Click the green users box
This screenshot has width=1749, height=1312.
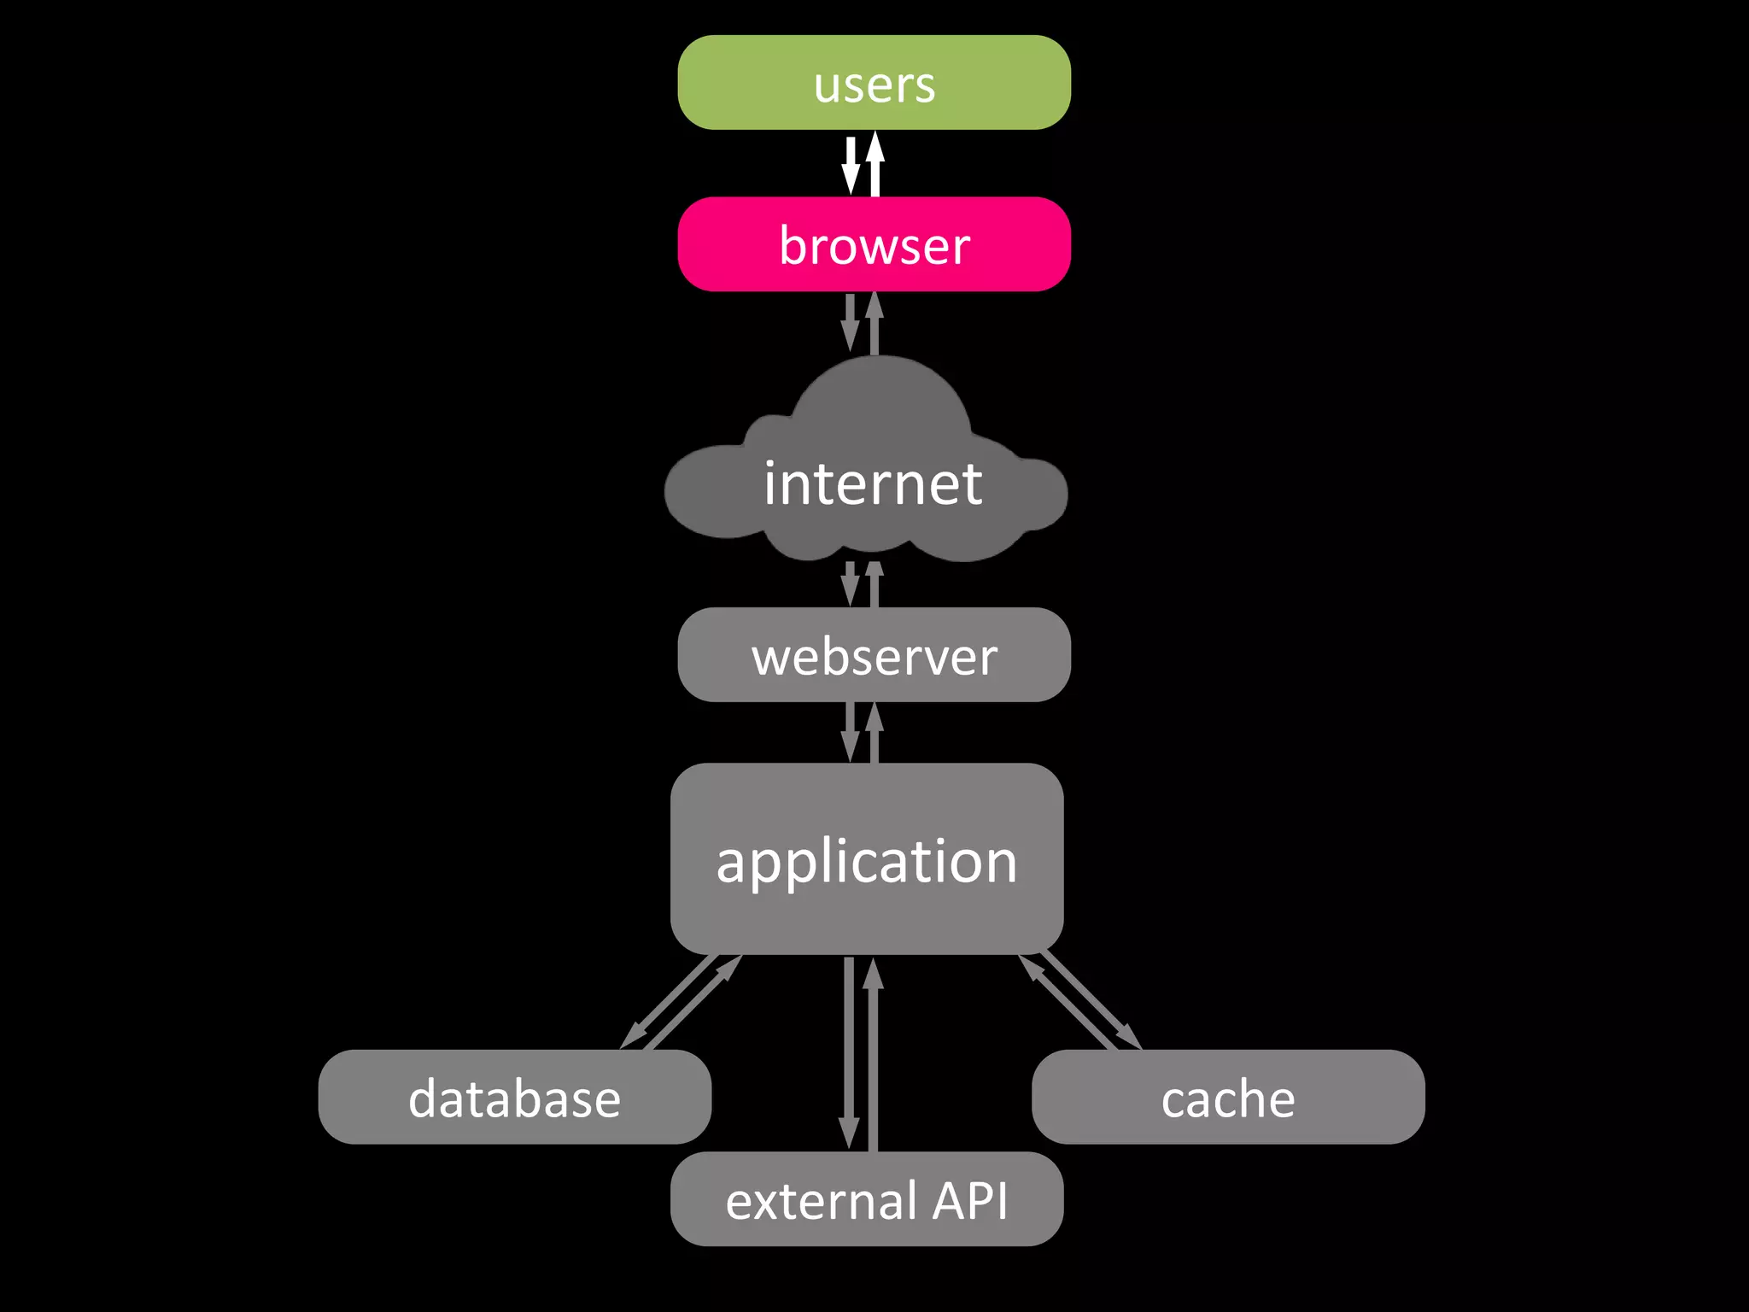tap(874, 82)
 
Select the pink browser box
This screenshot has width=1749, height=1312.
tap(874, 244)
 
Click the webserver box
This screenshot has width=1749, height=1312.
tap(874, 655)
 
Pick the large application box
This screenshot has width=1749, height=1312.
tap(866, 858)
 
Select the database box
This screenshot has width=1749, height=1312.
tap(514, 1097)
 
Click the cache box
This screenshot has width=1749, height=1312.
tap(1227, 1097)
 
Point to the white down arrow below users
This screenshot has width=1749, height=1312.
tap(851, 167)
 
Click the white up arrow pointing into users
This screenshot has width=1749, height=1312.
tap(874, 162)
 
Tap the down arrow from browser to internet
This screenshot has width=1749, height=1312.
tap(851, 323)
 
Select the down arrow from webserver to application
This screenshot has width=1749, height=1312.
tap(851, 733)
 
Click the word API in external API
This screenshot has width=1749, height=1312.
tap(969, 1200)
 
